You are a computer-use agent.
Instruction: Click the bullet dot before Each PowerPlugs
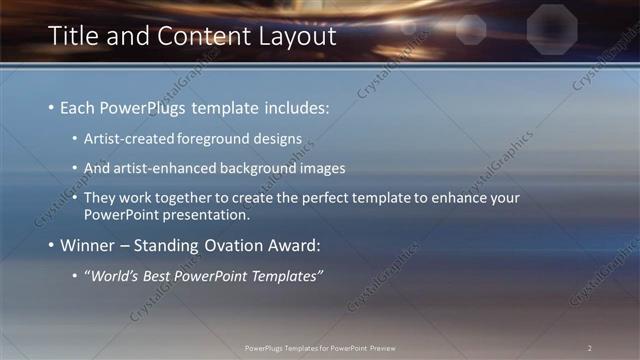point(51,107)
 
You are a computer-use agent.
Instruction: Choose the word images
point(321,169)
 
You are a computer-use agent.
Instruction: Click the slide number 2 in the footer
point(589,348)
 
